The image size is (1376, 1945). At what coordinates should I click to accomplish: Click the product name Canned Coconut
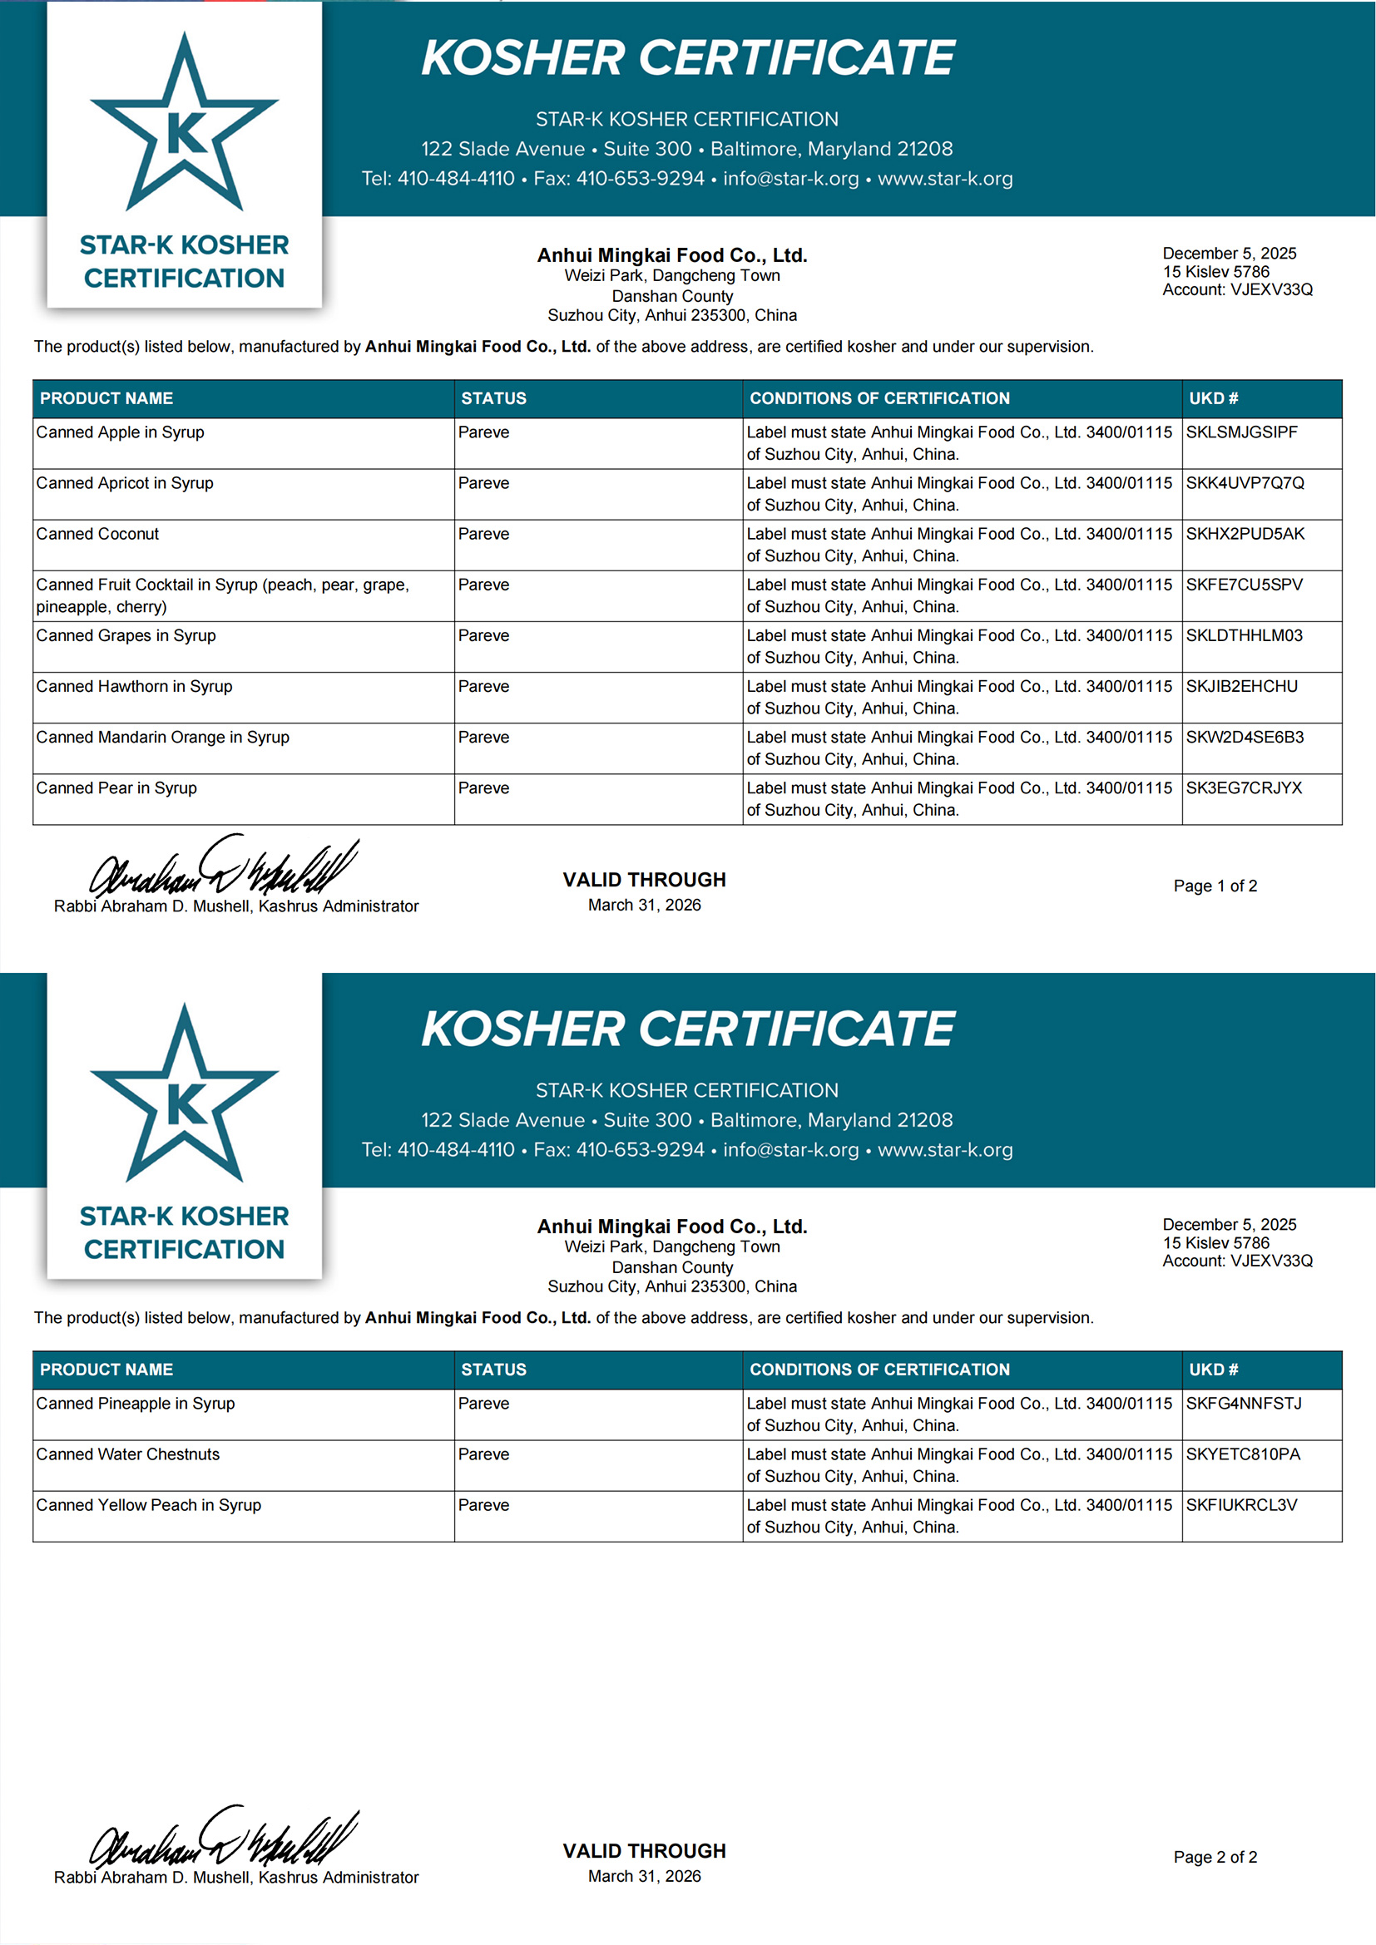point(97,534)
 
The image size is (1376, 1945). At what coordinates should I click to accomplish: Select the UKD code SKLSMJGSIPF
point(1241,432)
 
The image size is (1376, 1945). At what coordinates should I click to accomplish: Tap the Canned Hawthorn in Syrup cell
point(134,686)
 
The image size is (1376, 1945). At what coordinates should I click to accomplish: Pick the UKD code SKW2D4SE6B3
point(1245,737)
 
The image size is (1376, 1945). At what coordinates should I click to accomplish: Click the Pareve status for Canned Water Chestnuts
point(484,1454)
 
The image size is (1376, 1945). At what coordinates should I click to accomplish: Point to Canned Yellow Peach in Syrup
point(148,1504)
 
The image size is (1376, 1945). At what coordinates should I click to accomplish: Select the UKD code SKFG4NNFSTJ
point(1243,1403)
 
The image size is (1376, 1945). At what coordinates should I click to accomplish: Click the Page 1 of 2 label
point(1215,886)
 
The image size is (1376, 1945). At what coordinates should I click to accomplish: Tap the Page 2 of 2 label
point(1215,1856)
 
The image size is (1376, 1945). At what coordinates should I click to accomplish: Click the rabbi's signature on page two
point(225,1839)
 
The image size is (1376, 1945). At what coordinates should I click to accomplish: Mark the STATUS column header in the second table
point(494,1369)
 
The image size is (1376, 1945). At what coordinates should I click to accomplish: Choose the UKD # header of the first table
point(1213,398)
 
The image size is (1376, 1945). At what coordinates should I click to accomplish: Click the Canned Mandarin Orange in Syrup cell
point(163,737)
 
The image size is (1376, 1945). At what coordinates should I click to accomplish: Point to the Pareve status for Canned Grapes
point(484,635)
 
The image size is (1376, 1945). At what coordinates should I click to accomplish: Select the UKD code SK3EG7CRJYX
point(1244,787)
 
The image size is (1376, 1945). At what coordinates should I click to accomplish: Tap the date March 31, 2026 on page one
point(644,905)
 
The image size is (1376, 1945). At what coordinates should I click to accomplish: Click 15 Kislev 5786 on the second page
point(1216,1242)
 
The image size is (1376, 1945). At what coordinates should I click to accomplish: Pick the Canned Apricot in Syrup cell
point(125,483)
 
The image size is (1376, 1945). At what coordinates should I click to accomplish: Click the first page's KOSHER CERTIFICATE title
point(687,57)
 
